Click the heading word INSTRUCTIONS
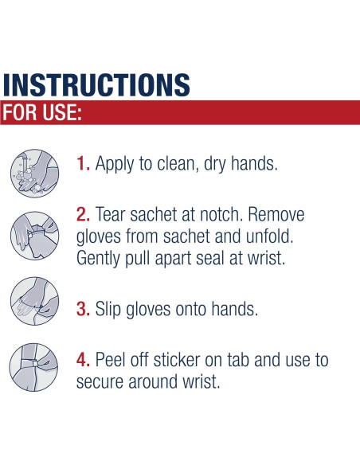(x=96, y=85)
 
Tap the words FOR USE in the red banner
(x=42, y=112)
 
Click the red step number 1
(x=83, y=163)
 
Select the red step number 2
(x=83, y=214)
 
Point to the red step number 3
(x=83, y=309)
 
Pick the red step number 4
(x=83, y=360)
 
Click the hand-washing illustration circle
(x=35, y=174)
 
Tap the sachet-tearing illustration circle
(x=35, y=236)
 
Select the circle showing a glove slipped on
(x=35, y=301)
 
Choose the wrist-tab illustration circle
(x=33, y=367)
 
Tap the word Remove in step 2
(x=276, y=214)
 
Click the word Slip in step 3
(x=108, y=309)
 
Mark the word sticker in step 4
(x=177, y=360)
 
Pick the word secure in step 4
(x=100, y=382)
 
